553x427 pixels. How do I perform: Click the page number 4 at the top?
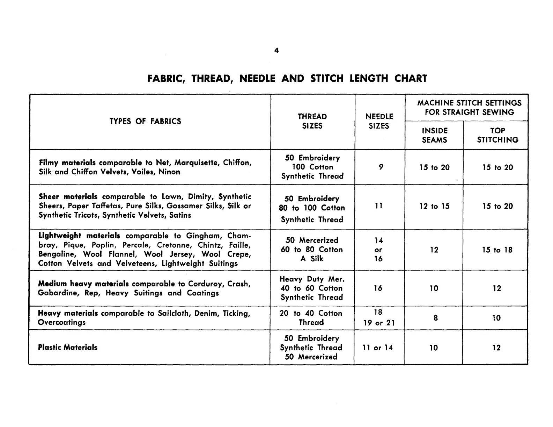click(276, 51)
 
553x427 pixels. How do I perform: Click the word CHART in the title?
click(411, 78)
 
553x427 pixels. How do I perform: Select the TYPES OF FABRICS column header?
click(145, 121)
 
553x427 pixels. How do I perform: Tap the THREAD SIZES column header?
click(312, 121)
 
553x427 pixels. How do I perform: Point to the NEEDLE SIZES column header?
click(379, 121)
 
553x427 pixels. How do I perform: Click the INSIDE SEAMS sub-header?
click(434, 135)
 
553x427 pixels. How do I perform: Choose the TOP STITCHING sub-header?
click(497, 135)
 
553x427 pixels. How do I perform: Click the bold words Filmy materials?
click(67, 163)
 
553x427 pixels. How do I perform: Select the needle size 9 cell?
click(381, 167)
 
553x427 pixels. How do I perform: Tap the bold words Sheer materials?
click(68, 197)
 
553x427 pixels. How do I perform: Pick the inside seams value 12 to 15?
click(434, 207)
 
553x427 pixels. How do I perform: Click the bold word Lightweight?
click(60, 236)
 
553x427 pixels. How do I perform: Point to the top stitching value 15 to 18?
click(497, 250)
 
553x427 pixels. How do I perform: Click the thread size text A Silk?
click(312, 259)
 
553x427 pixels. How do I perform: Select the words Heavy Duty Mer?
click(312, 279)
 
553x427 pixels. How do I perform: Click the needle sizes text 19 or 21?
click(379, 323)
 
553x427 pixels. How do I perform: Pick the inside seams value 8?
click(436, 318)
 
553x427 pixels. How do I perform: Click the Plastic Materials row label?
click(68, 347)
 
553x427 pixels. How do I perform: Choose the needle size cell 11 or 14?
click(378, 348)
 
